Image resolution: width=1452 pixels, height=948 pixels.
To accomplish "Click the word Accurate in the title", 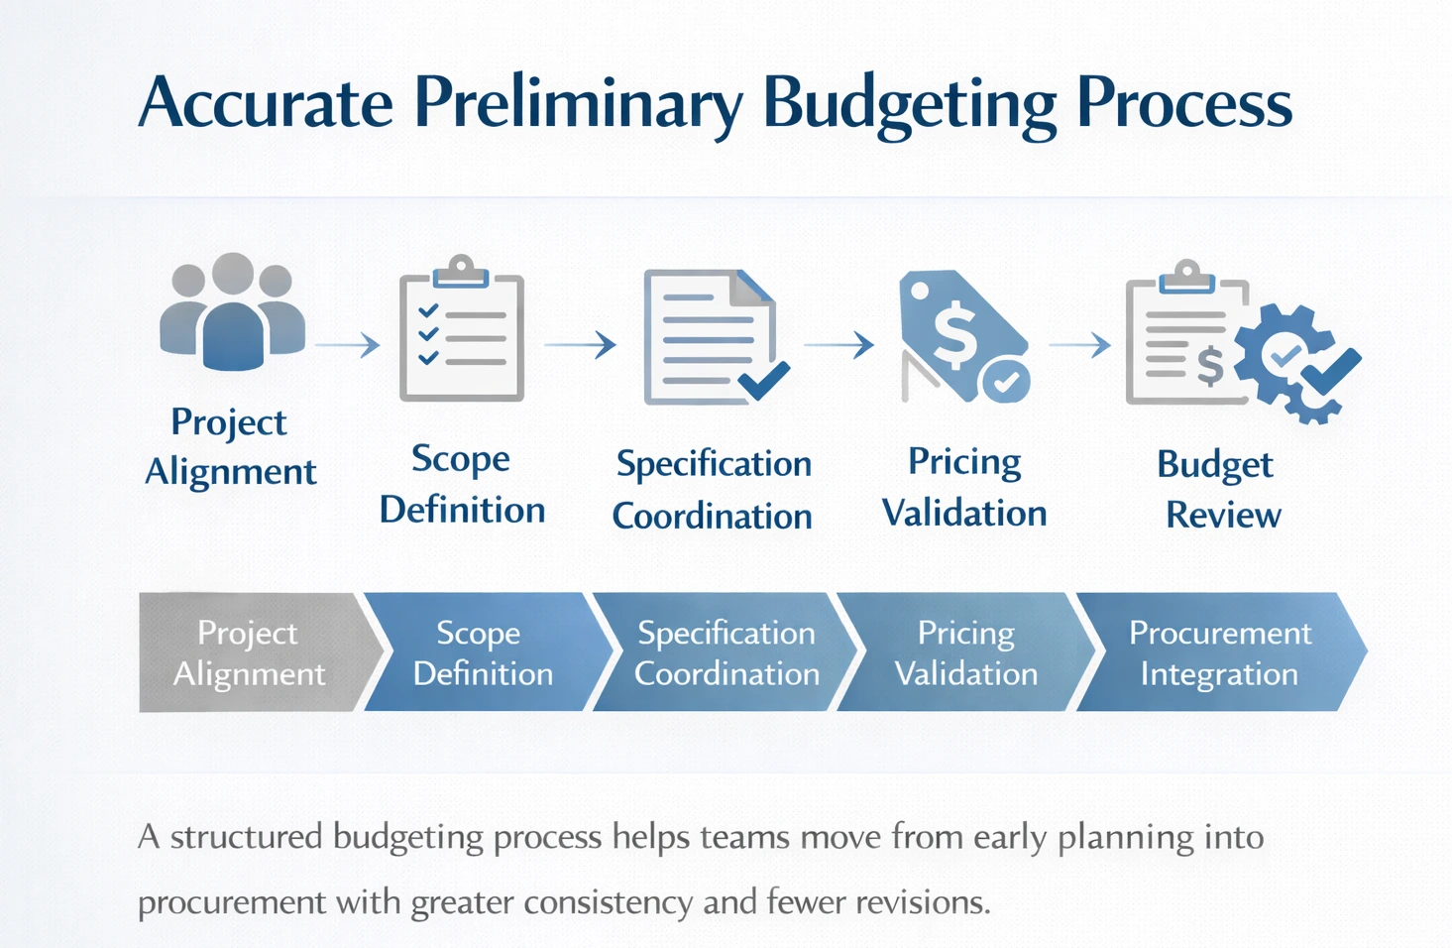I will (266, 103).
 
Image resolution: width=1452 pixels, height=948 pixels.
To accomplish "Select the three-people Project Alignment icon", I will (232, 311).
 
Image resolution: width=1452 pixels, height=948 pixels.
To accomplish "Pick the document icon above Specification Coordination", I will (709, 337).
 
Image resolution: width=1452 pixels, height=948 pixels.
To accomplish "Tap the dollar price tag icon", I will (956, 332).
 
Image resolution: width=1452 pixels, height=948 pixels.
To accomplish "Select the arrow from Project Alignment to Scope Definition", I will (348, 345).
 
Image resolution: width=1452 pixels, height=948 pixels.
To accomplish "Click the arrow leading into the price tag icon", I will (838, 345).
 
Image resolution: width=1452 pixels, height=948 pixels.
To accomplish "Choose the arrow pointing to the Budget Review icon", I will (1079, 345).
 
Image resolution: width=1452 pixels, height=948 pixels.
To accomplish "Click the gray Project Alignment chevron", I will (250, 652).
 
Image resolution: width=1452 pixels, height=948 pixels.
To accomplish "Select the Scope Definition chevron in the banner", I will (483, 652).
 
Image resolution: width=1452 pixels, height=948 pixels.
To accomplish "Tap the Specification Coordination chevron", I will (726, 652).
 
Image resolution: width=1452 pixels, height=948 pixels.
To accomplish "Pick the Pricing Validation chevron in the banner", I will (966, 652).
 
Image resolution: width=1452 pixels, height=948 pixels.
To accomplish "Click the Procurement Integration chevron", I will (1220, 652).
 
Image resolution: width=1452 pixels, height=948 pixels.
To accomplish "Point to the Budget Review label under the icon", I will (1218, 489).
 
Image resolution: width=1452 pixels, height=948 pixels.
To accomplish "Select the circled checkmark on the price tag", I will (1007, 381).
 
